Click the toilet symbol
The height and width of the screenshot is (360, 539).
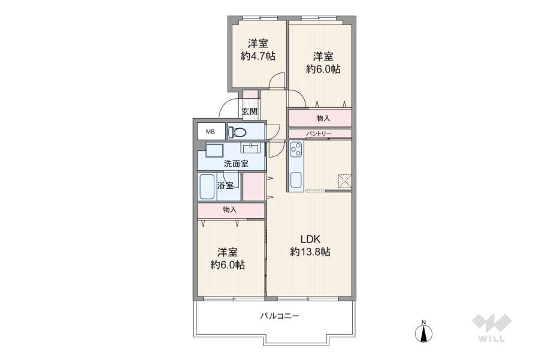point(237,131)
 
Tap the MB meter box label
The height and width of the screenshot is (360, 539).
point(210,131)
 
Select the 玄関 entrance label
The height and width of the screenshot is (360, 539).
point(250,111)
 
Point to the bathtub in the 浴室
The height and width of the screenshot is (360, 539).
point(207,187)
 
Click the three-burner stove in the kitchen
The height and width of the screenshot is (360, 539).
point(296,150)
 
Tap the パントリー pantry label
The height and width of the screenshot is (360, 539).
point(319,134)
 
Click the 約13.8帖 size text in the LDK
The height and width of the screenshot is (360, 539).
point(310,252)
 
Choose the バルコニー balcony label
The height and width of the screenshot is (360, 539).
point(280,316)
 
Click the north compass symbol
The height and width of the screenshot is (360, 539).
point(424,331)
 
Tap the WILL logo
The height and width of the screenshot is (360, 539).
point(492,328)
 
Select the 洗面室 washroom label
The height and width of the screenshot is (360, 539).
point(236,164)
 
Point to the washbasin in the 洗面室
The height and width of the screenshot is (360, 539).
point(252,148)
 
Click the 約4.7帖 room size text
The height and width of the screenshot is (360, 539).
point(258,56)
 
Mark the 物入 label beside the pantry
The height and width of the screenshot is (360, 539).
point(323,119)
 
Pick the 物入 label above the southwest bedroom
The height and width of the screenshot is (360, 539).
point(229,210)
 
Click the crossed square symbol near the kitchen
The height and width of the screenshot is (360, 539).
point(344,181)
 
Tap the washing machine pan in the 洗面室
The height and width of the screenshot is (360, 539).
point(214,150)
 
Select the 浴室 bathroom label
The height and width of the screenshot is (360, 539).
point(225,185)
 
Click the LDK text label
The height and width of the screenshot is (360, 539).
point(310,239)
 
